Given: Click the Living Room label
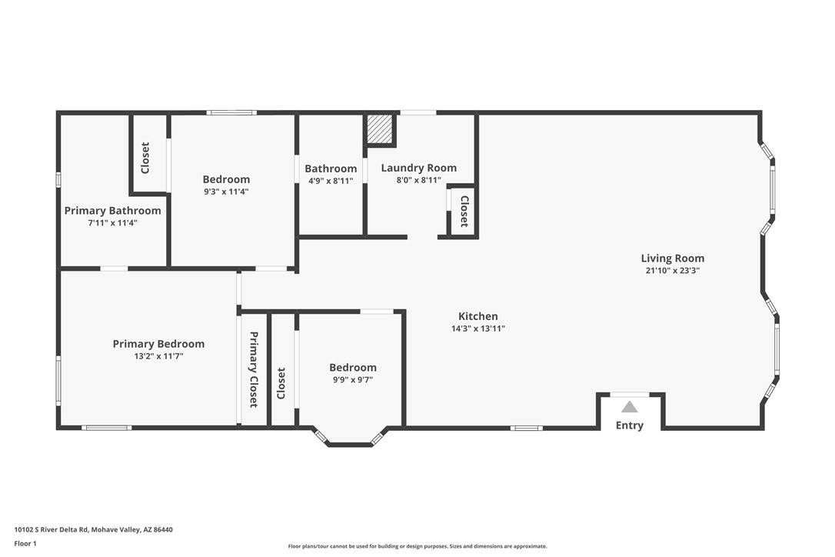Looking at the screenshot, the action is [x=673, y=258].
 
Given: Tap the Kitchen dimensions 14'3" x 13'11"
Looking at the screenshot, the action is [x=478, y=329].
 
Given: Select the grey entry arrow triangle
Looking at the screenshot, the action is [x=630, y=407].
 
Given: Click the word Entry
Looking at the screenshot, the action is [x=630, y=425].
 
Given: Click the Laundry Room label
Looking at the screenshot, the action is [x=418, y=168].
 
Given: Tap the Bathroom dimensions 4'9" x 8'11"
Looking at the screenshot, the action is [x=331, y=181].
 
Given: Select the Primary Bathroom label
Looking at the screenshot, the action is [x=112, y=211].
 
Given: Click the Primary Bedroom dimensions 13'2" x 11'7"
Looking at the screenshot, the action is [x=158, y=356].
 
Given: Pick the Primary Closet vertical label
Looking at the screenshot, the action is [x=254, y=369].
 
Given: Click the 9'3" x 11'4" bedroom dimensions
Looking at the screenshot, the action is [x=226, y=192].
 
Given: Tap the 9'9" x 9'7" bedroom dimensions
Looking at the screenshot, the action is [x=353, y=379].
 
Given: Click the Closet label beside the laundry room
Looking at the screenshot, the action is [x=464, y=211].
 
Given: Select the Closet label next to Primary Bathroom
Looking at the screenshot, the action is [x=145, y=158].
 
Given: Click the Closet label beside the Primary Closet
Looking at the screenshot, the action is [x=281, y=383].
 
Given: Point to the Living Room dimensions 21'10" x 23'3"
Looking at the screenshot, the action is [x=673, y=270].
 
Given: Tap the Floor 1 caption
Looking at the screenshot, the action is [x=25, y=544].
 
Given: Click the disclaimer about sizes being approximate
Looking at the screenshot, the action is [x=417, y=546].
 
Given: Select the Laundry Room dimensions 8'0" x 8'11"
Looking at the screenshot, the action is [x=418, y=180].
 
